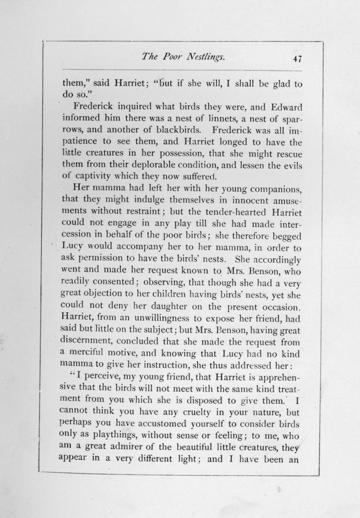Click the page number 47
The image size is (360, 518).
[297, 59]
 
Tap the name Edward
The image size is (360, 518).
[280, 108]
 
